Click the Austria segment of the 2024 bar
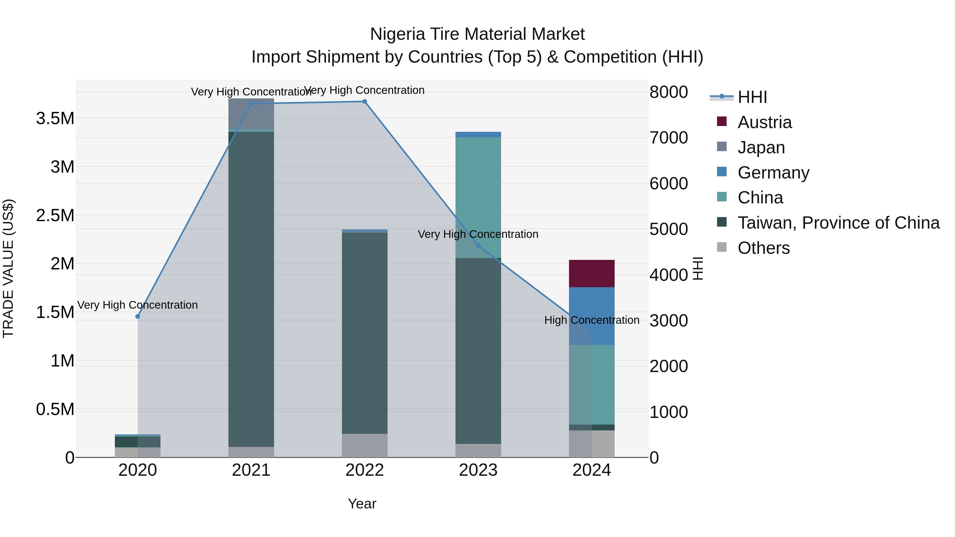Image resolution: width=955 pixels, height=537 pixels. click(x=592, y=273)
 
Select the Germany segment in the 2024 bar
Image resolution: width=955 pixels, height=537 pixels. click(x=592, y=316)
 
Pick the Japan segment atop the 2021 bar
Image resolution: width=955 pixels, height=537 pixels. click(x=251, y=113)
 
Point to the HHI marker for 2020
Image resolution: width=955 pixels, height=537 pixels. click(x=137, y=316)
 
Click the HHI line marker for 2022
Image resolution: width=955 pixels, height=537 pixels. click(x=364, y=102)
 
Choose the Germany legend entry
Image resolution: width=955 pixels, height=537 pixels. click(x=773, y=173)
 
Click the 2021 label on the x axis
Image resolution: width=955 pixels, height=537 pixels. click(x=251, y=470)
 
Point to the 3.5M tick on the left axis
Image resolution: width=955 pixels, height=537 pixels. click(x=55, y=119)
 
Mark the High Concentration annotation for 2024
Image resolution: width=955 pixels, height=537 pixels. click(x=592, y=320)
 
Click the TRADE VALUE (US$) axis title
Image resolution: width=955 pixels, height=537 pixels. click(x=8, y=268)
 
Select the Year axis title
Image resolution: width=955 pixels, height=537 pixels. click(x=362, y=504)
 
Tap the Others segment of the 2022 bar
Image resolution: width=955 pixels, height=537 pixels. click(x=364, y=446)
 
